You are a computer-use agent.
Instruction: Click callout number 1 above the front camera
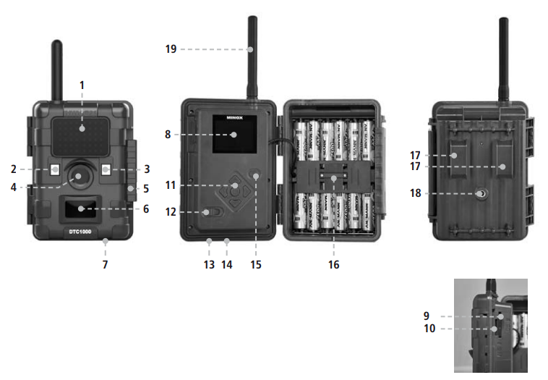tap(82, 85)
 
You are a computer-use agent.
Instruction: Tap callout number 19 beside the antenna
tap(171, 49)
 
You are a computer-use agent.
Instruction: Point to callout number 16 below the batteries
tap(333, 265)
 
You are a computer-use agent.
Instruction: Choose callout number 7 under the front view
tap(105, 265)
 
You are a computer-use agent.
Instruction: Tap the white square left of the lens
tap(56, 170)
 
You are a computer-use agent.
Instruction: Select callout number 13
tap(209, 265)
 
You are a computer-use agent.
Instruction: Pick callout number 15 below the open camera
tap(256, 265)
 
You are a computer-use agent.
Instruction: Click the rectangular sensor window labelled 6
tap(80, 208)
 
